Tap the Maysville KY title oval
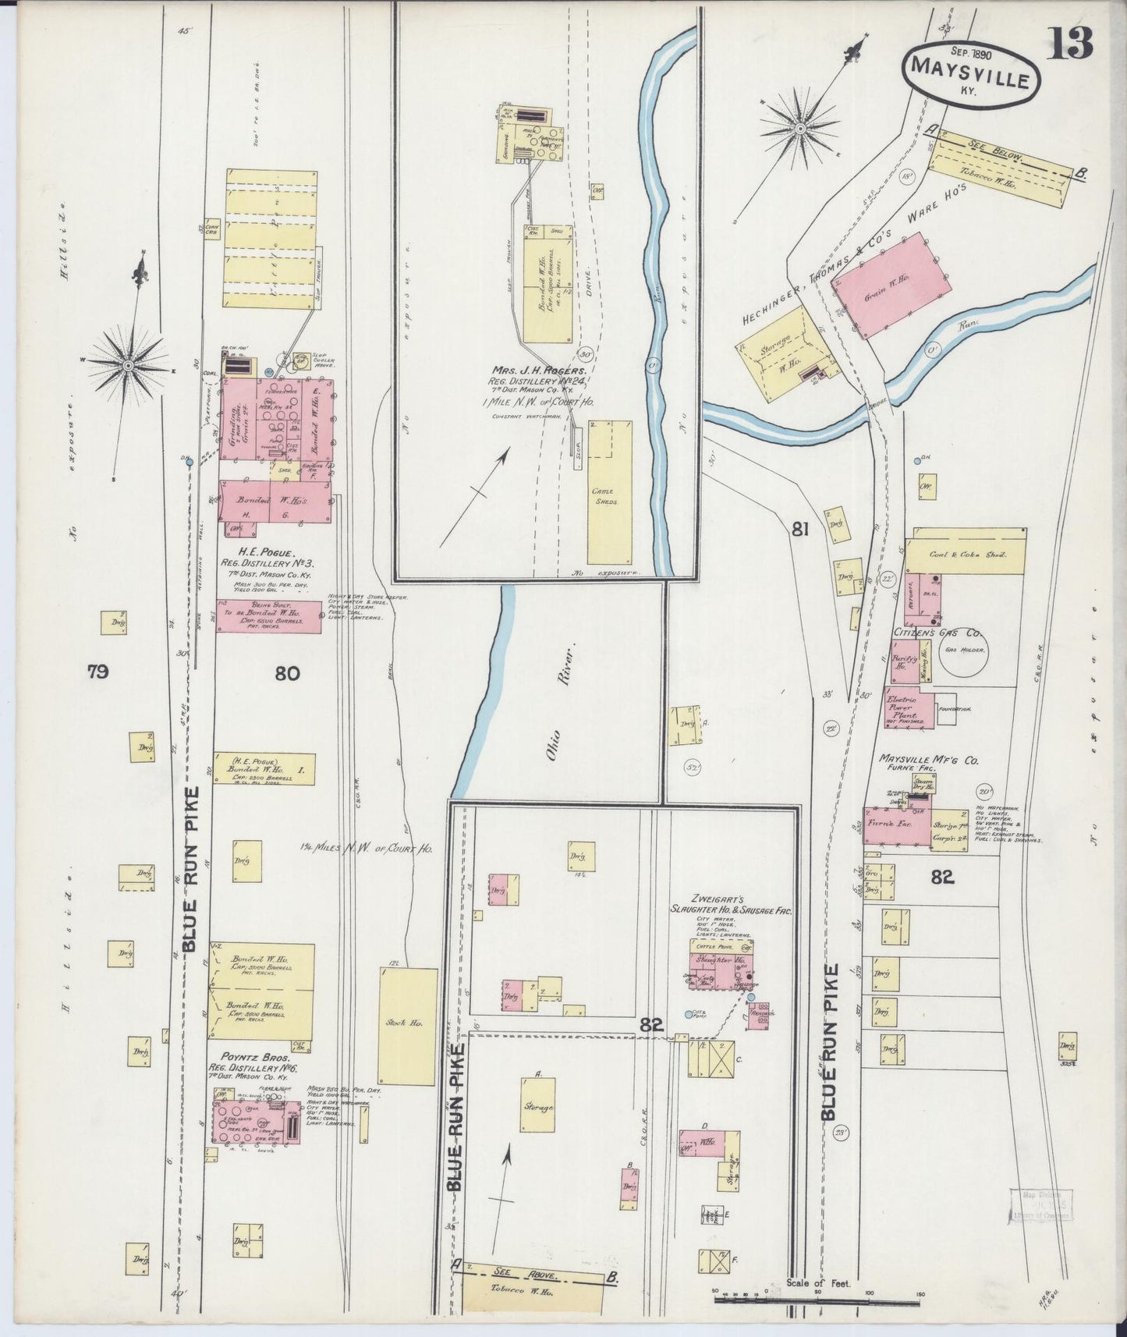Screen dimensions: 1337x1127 point(971,71)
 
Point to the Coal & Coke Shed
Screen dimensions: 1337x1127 point(966,553)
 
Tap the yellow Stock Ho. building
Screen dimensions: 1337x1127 point(407,1026)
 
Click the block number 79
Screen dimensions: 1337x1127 point(97,672)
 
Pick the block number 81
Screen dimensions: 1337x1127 point(799,530)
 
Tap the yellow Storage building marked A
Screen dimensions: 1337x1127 point(538,1105)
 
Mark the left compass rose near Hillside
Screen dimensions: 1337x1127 point(128,363)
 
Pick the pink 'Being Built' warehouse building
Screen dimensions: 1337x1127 point(268,615)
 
